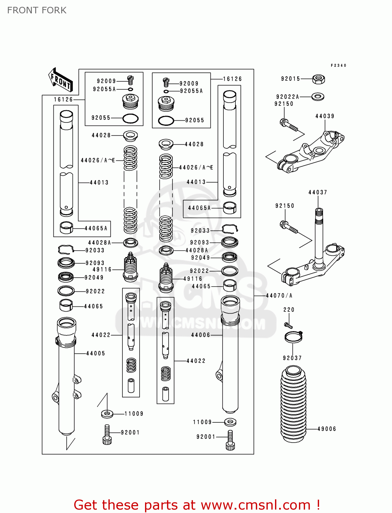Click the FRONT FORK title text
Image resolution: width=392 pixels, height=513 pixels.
pyautogui.click(x=37, y=10)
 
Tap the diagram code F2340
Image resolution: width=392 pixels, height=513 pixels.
pyautogui.click(x=338, y=65)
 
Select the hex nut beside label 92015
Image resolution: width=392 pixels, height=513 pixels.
pyautogui.click(x=318, y=79)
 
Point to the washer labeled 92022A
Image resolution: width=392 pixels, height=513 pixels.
pyautogui.click(x=318, y=97)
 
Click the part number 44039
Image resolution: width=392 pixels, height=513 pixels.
pyautogui.click(x=325, y=116)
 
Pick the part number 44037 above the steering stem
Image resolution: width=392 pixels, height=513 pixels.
pyautogui.click(x=318, y=193)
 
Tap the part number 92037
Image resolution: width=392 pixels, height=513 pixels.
pyautogui.click(x=292, y=358)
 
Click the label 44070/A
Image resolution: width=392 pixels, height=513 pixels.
pyautogui.click(x=279, y=295)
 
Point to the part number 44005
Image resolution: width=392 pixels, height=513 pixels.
pyautogui.click(x=95, y=354)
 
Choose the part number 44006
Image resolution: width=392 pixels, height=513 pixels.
pyautogui.click(x=200, y=335)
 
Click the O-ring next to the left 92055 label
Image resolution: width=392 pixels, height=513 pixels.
pyautogui.click(x=130, y=118)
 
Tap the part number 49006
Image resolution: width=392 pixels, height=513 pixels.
pyautogui.click(x=327, y=429)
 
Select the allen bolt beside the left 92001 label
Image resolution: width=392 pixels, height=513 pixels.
pyautogui.click(x=107, y=435)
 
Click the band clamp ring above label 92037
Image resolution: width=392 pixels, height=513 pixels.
pyautogui.click(x=293, y=337)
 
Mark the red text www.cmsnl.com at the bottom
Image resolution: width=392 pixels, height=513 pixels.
pyautogui.click(x=255, y=505)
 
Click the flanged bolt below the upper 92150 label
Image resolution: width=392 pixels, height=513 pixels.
pyautogui.click(x=289, y=125)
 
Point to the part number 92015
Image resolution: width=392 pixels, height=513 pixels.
pyautogui.click(x=290, y=79)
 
